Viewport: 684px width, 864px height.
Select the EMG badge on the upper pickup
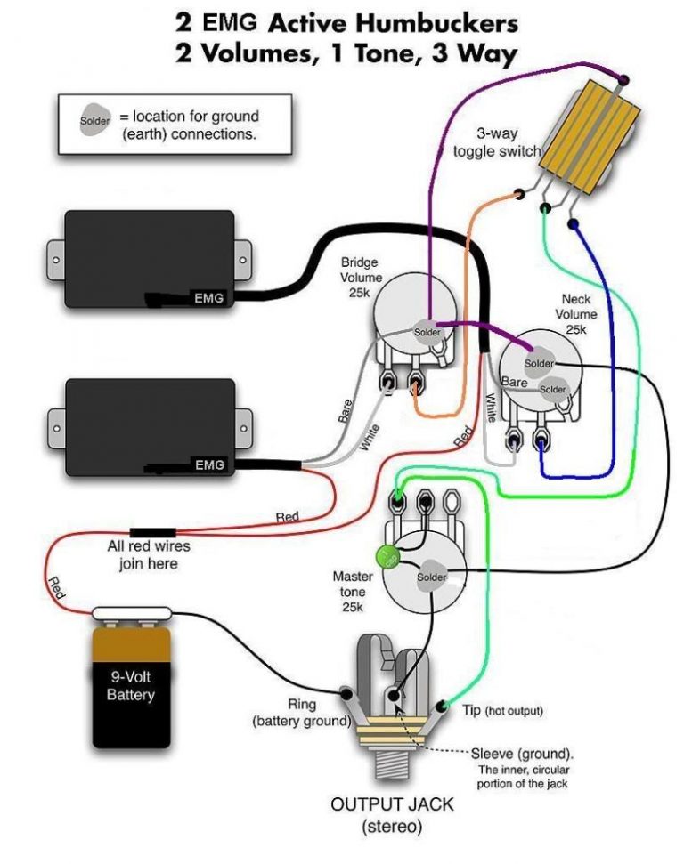tap(210, 297)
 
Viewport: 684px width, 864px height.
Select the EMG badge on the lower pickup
tap(210, 464)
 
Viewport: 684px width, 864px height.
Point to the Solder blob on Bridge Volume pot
tap(427, 331)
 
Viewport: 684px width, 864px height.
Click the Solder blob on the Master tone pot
tap(432, 577)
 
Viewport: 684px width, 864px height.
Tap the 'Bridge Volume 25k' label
tap(361, 277)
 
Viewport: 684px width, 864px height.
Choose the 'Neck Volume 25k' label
tap(576, 314)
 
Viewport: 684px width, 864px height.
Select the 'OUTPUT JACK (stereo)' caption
tap(392, 815)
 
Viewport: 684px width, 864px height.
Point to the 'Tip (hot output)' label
tap(501, 711)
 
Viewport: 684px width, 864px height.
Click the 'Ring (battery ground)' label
tap(301, 712)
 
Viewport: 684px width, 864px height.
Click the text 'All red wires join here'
tap(149, 555)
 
